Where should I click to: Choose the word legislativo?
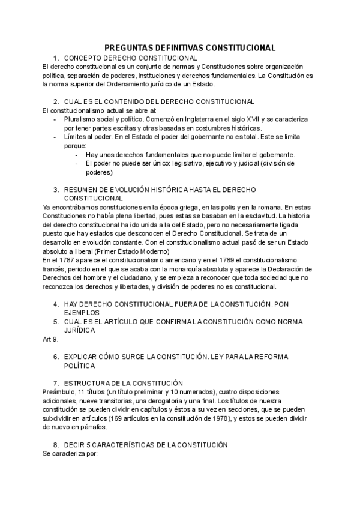point(180,163)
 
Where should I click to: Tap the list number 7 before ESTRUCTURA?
point(55,383)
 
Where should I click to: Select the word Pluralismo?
point(82,119)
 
